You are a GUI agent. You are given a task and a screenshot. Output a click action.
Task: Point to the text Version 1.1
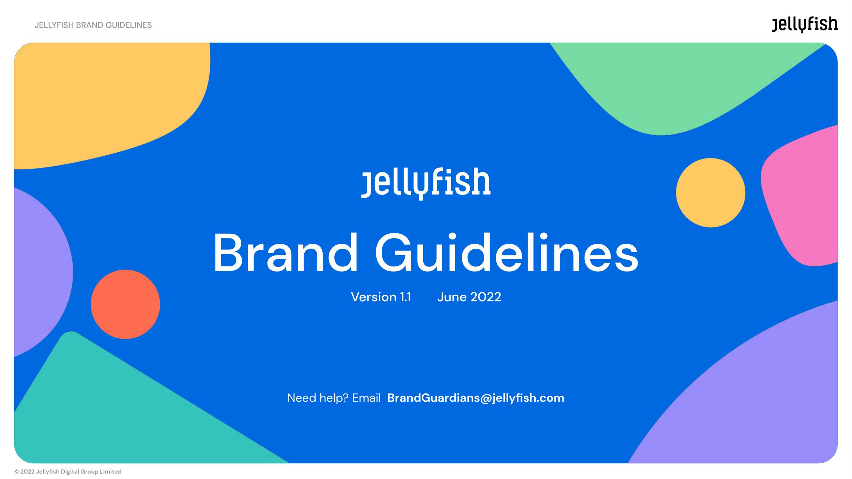[x=381, y=297]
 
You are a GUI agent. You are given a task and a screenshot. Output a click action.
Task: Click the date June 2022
[x=469, y=297]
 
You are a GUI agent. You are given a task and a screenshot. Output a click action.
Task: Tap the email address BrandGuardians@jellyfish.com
[x=476, y=398]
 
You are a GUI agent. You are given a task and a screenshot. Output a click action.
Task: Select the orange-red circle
[x=125, y=304]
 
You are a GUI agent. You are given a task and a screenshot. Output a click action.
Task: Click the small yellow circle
[x=711, y=192]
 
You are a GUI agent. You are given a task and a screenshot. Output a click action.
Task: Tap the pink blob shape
[x=804, y=198]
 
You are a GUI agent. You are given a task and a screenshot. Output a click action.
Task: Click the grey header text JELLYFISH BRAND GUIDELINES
[x=93, y=25]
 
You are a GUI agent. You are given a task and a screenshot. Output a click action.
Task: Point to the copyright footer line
[x=68, y=472]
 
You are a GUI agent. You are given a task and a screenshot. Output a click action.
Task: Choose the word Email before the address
[x=366, y=398]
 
